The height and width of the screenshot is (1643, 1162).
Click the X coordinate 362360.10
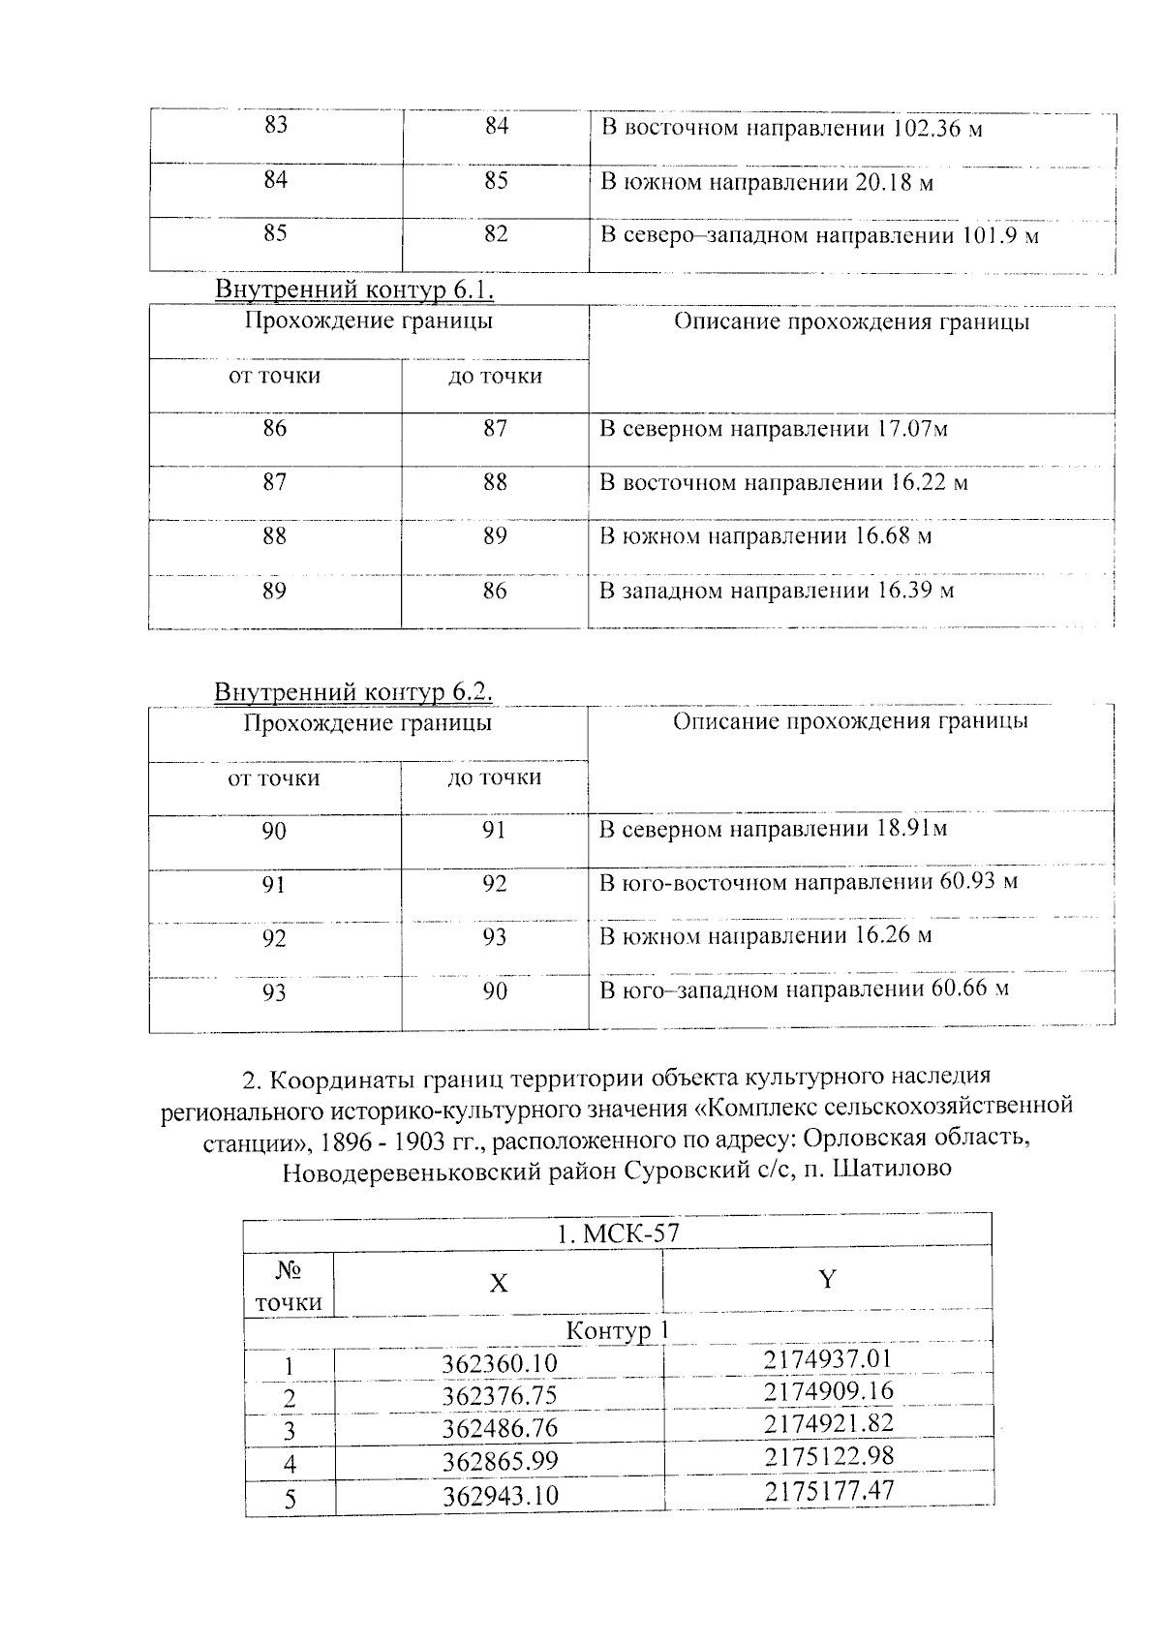(500, 1364)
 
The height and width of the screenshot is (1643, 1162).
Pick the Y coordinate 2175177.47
(828, 1490)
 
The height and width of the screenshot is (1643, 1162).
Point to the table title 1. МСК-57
(618, 1233)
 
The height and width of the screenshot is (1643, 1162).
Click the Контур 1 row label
(618, 1331)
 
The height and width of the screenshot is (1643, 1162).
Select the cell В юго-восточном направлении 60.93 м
(809, 882)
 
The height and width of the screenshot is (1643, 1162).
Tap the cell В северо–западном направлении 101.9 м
(819, 235)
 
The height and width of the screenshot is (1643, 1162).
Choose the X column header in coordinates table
(498, 1284)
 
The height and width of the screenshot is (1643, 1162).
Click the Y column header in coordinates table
(827, 1280)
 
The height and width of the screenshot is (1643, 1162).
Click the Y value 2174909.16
(828, 1391)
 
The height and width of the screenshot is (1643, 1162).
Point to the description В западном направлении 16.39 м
(777, 591)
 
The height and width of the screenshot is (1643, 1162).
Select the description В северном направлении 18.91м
(773, 829)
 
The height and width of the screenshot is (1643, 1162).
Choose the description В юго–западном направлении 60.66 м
(804, 989)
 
